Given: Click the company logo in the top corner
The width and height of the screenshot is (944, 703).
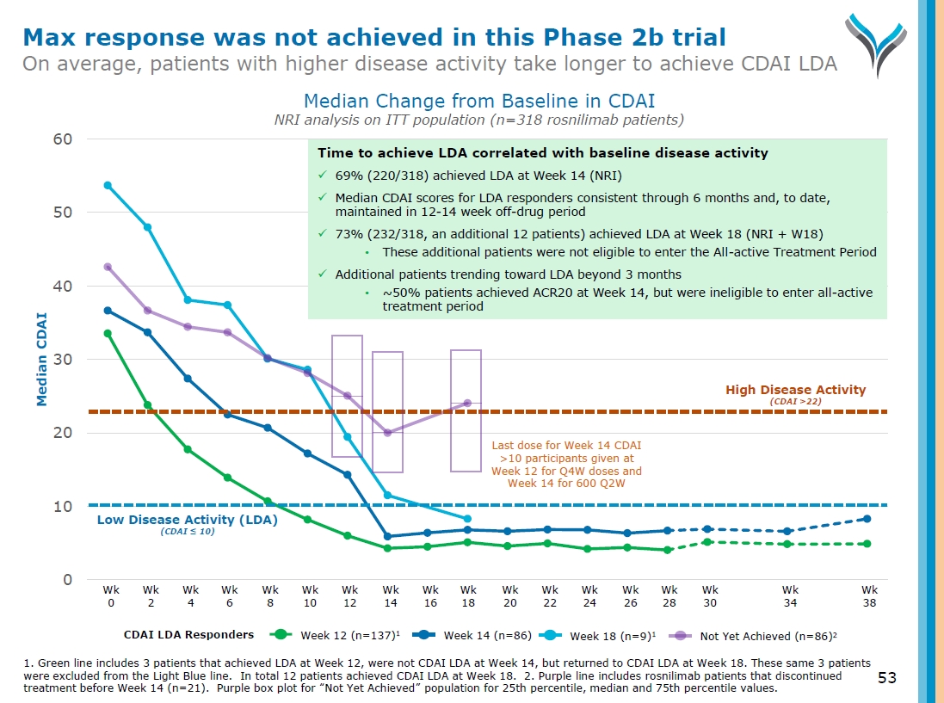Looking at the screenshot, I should (x=880, y=43).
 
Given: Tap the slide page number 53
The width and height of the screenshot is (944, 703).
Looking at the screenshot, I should (x=886, y=678).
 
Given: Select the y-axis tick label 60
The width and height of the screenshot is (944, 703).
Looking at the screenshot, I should (x=62, y=139).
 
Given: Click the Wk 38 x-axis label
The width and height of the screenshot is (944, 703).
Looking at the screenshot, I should (x=869, y=596).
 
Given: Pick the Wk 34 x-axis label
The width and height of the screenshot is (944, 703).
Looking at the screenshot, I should (x=789, y=596).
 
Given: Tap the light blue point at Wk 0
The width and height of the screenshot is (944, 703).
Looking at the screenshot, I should (x=108, y=185).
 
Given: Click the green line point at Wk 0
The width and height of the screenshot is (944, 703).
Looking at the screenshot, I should (x=108, y=333).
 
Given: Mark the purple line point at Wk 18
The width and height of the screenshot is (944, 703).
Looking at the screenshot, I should (x=467, y=403).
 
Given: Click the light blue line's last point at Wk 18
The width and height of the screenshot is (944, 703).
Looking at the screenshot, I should (x=467, y=519).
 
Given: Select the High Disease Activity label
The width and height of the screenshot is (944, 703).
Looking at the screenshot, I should (x=795, y=390).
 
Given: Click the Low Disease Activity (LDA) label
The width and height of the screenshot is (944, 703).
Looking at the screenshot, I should (x=187, y=520).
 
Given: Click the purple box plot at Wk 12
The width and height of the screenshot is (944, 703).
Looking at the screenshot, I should (x=347, y=396).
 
